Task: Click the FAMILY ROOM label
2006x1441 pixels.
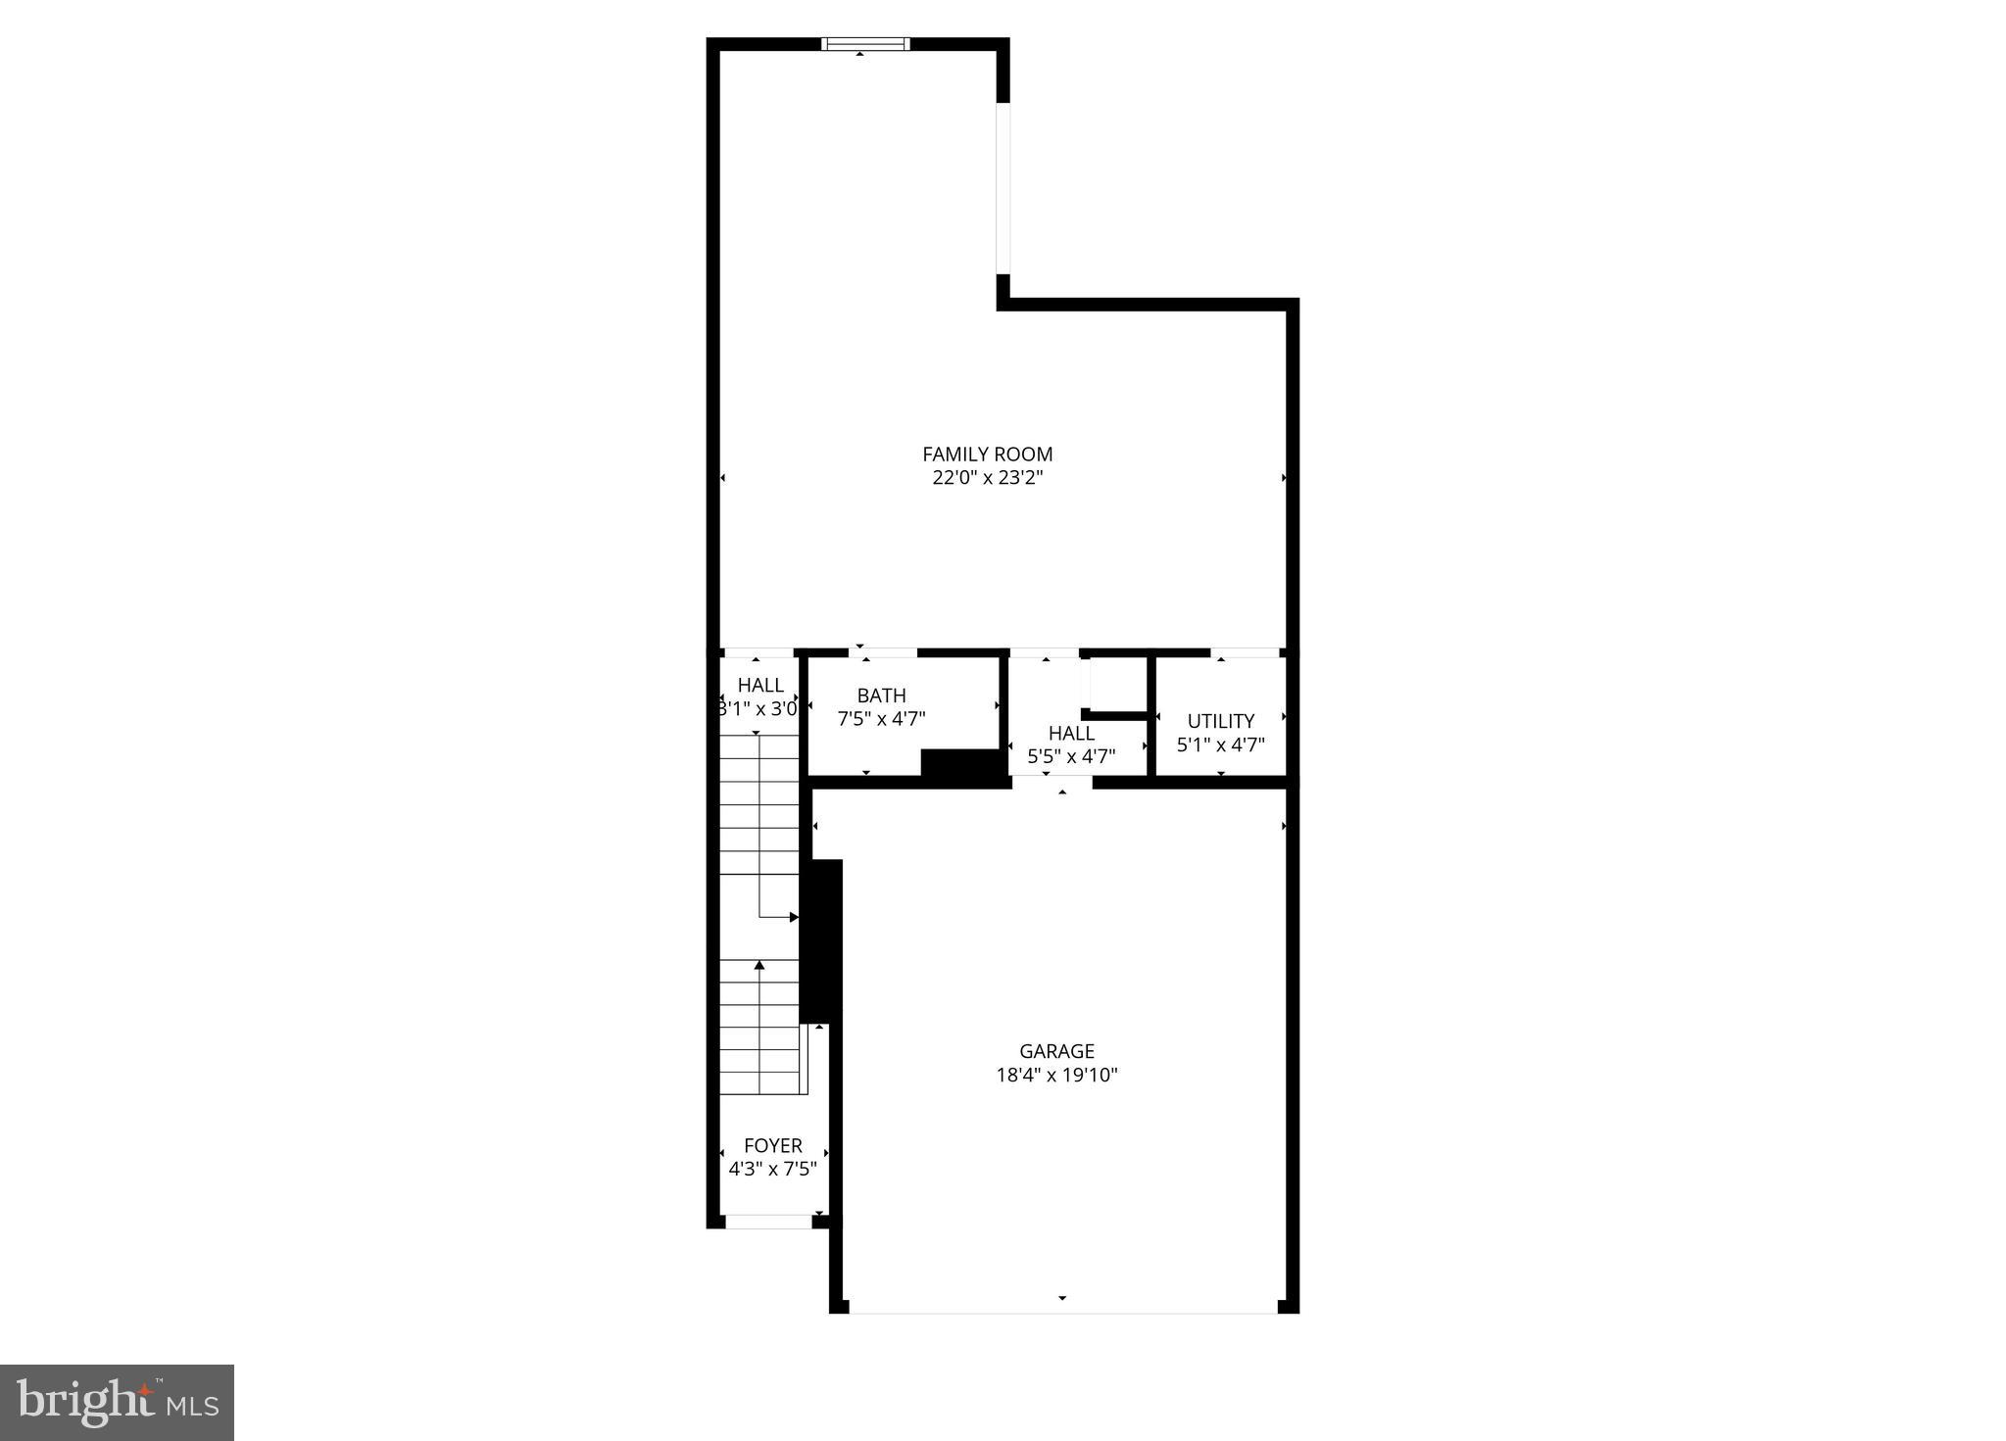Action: [x=987, y=455]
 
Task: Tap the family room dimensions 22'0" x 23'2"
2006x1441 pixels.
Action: [x=987, y=478]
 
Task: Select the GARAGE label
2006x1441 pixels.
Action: [x=1056, y=1051]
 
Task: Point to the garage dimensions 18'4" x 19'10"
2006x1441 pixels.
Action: [x=1056, y=1075]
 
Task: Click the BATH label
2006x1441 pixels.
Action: [x=881, y=696]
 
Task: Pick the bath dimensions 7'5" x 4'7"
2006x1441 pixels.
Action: [x=881, y=719]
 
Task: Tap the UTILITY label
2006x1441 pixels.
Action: [x=1220, y=721]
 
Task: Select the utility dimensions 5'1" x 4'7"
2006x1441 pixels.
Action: [x=1220, y=745]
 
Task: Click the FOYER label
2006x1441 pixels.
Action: [x=772, y=1145]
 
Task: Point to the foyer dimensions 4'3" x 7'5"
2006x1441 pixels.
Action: [x=772, y=1169]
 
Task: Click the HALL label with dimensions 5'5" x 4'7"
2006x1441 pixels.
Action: [x=1071, y=733]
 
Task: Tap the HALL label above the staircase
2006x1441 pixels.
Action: [x=760, y=685]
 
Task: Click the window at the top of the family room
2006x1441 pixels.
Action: [x=865, y=43]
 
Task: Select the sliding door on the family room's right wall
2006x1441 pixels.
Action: [x=1003, y=187]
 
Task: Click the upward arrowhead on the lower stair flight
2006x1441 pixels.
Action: [x=759, y=966]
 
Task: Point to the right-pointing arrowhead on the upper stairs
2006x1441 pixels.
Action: [x=794, y=917]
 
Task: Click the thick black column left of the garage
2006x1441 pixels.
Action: [x=821, y=940]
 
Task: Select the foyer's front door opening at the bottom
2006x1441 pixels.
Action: [x=768, y=1222]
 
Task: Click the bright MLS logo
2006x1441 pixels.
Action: [x=117, y=1403]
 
